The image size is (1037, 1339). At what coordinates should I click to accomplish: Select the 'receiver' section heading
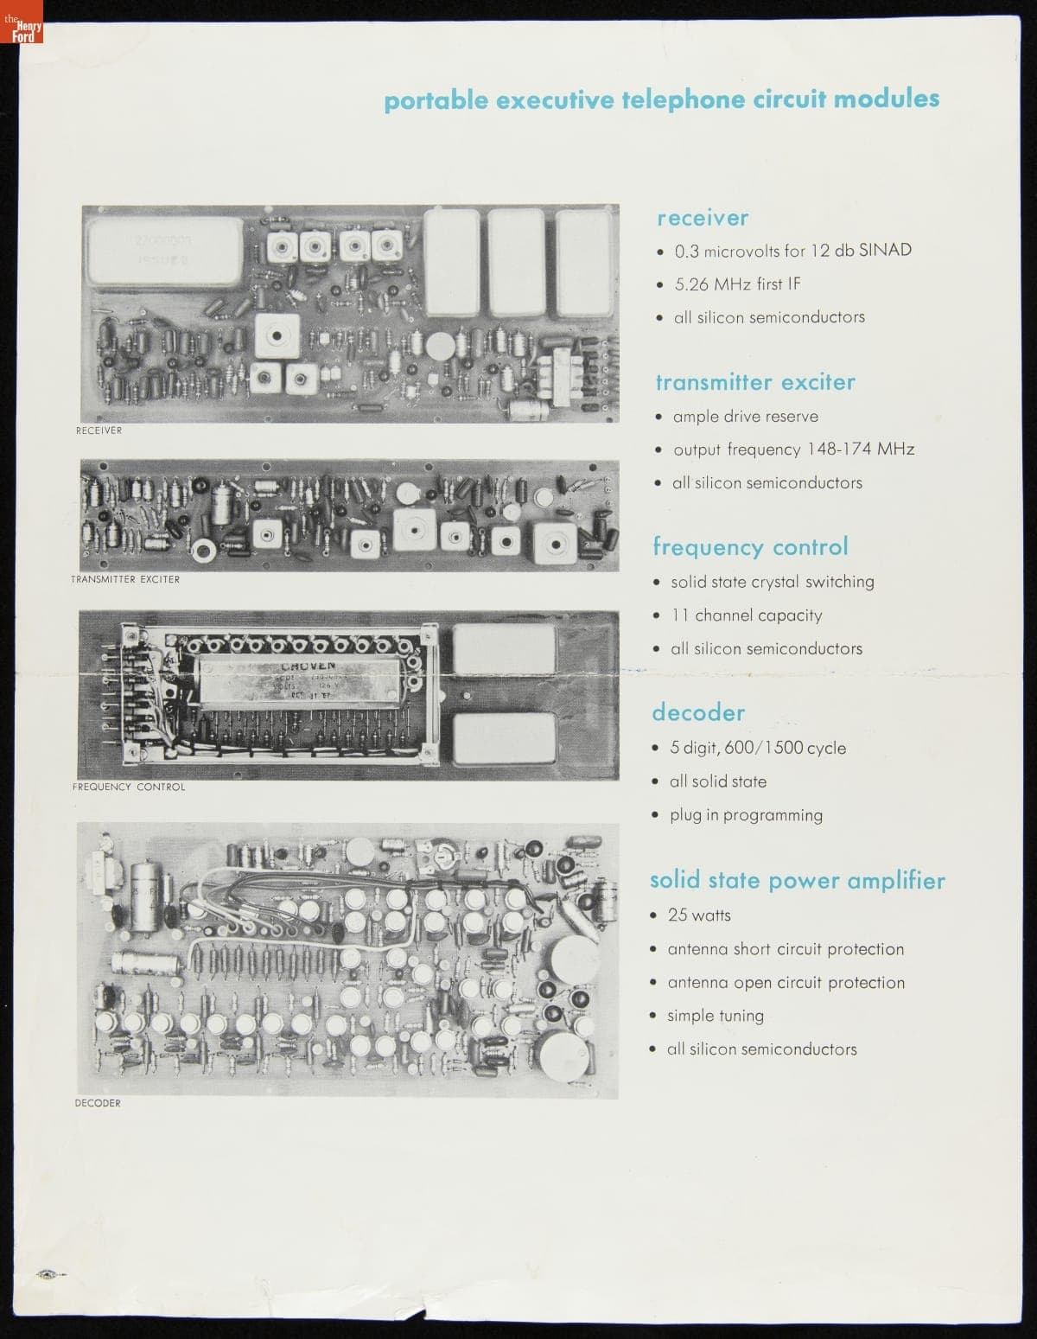click(x=703, y=218)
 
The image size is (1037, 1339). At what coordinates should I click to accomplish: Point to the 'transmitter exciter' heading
click(x=755, y=382)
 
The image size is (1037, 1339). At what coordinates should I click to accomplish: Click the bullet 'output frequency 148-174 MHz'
click(x=792, y=450)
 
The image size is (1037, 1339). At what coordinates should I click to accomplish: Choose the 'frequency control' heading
click(x=750, y=547)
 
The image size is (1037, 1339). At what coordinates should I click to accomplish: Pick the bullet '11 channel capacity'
click(x=747, y=615)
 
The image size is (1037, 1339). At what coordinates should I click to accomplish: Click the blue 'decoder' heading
click(x=698, y=713)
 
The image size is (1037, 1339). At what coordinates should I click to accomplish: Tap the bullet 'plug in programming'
click(x=746, y=815)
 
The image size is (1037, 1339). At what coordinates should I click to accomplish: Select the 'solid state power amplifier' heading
click(x=797, y=881)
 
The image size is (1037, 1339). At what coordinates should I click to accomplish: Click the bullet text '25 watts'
click(x=699, y=915)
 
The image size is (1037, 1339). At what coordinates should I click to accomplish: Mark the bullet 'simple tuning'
click(x=715, y=1016)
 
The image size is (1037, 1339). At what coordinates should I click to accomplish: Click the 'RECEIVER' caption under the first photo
click(x=99, y=430)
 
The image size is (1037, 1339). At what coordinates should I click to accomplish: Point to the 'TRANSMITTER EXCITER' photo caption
click(x=125, y=579)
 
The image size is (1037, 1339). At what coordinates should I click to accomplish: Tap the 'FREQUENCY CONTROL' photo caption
click(x=129, y=787)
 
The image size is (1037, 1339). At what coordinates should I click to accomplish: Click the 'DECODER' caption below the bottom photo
click(x=98, y=1103)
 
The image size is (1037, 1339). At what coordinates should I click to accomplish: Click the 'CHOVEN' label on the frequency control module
click(x=308, y=666)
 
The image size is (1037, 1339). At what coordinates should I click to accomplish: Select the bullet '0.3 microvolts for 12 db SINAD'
click(x=792, y=251)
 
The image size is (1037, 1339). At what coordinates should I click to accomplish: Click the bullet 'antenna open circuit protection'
click(x=786, y=983)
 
